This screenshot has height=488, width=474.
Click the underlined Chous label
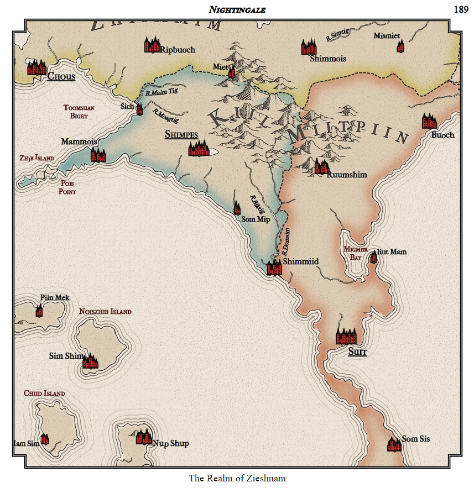pos(61,76)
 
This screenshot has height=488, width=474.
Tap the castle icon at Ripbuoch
pos(152,45)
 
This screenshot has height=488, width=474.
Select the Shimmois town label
pos(328,58)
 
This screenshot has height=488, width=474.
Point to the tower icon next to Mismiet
pos(400,46)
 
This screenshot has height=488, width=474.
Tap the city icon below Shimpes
pos(199,148)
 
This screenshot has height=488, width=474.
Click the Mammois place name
pos(79,142)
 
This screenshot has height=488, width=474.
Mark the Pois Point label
pos(67,187)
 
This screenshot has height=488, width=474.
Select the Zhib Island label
pos(37,158)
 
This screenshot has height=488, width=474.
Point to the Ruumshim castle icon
pos(321,166)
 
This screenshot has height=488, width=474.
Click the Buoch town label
pos(442,135)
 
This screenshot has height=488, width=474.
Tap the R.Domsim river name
pos(286,241)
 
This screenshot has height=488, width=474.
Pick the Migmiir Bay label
pos(355,253)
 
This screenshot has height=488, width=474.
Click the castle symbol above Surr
pos(347,335)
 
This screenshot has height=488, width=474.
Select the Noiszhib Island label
pos(105,312)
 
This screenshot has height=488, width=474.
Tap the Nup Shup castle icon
pos(144,437)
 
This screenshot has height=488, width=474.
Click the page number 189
pos(461,9)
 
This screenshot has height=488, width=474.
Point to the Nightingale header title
pos(237,9)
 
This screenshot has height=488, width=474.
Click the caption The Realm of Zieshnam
pos(237,478)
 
